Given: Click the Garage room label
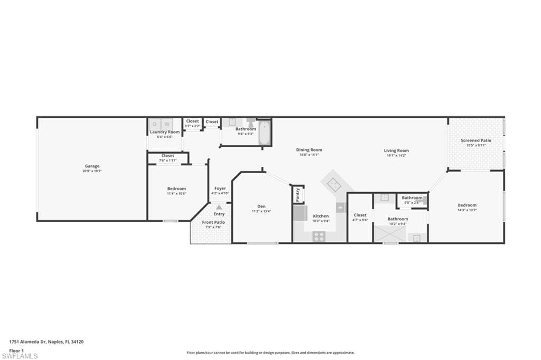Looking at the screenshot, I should [92, 166].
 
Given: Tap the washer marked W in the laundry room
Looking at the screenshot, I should [165, 124].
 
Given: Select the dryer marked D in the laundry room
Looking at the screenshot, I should [155, 124].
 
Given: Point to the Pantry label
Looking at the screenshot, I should [298, 194].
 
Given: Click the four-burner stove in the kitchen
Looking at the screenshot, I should [319, 236].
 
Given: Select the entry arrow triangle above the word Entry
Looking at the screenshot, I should [219, 207].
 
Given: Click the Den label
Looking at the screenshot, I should [262, 206].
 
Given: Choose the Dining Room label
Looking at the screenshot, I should [309, 150].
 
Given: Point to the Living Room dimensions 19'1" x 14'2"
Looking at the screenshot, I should [396, 156].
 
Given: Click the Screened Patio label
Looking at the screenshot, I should [476, 140].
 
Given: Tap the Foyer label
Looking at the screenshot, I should [220, 188].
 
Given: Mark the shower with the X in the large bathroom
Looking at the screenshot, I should [389, 233].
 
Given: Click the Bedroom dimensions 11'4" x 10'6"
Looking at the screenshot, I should [176, 194].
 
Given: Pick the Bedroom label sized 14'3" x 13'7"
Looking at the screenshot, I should [467, 205].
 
